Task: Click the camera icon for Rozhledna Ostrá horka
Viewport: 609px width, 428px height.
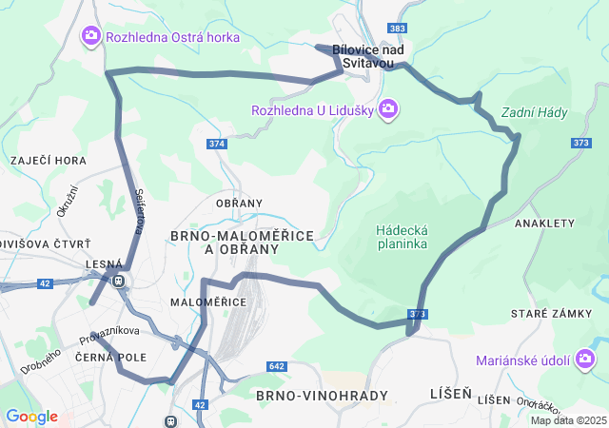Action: click(91, 36)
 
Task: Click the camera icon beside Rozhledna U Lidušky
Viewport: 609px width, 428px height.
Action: click(387, 109)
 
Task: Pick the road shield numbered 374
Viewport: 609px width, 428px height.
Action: click(216, 144)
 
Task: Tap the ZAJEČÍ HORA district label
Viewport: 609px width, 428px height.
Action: click(49, 161)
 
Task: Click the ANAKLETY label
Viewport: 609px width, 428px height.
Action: click(544, 223)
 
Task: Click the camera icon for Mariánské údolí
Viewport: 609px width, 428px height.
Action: click(585, 359)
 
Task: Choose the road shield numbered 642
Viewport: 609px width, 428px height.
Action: click(277, 366)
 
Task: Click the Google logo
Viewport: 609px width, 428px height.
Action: click(30, 417)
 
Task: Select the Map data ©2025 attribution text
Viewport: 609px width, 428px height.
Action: click(568, 420)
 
